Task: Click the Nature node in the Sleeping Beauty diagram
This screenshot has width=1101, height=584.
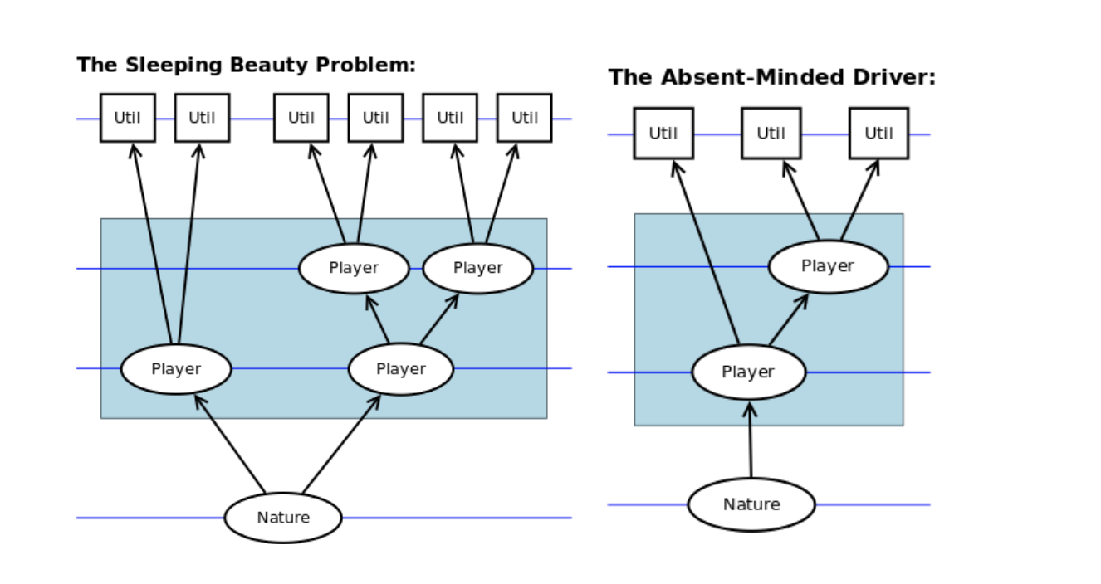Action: pos(283,518)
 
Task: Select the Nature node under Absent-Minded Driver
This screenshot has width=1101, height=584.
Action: pos(751,504)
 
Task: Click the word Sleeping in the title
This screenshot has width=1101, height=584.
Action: pos(174,65)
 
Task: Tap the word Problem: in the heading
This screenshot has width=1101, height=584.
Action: pos(365,65)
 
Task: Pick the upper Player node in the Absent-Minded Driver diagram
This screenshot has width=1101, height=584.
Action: pos(828,266)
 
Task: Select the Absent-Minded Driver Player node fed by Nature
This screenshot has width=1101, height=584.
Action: pos(749,372)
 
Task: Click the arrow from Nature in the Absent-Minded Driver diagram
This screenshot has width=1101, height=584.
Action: pos(750,440)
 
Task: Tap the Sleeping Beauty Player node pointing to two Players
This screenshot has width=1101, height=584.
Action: pos(401,369)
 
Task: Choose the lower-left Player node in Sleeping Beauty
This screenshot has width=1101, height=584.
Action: pos(176,369)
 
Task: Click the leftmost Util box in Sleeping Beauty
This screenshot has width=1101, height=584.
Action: pos(128,118)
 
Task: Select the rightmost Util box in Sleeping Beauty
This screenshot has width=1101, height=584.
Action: pos(525,118)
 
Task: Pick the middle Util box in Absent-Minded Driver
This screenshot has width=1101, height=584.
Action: pos(771,134)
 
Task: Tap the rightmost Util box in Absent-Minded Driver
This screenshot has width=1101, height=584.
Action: pos(878,134)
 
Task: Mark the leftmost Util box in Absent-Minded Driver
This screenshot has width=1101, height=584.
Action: pos(663,134)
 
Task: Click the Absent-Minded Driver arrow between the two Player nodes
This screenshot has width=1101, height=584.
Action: pos(789,319)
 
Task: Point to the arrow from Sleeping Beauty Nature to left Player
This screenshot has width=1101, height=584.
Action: pos(230,444)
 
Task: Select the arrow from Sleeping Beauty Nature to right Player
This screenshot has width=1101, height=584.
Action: pos(341,444)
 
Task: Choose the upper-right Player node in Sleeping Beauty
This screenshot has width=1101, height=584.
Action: pos(477,268)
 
